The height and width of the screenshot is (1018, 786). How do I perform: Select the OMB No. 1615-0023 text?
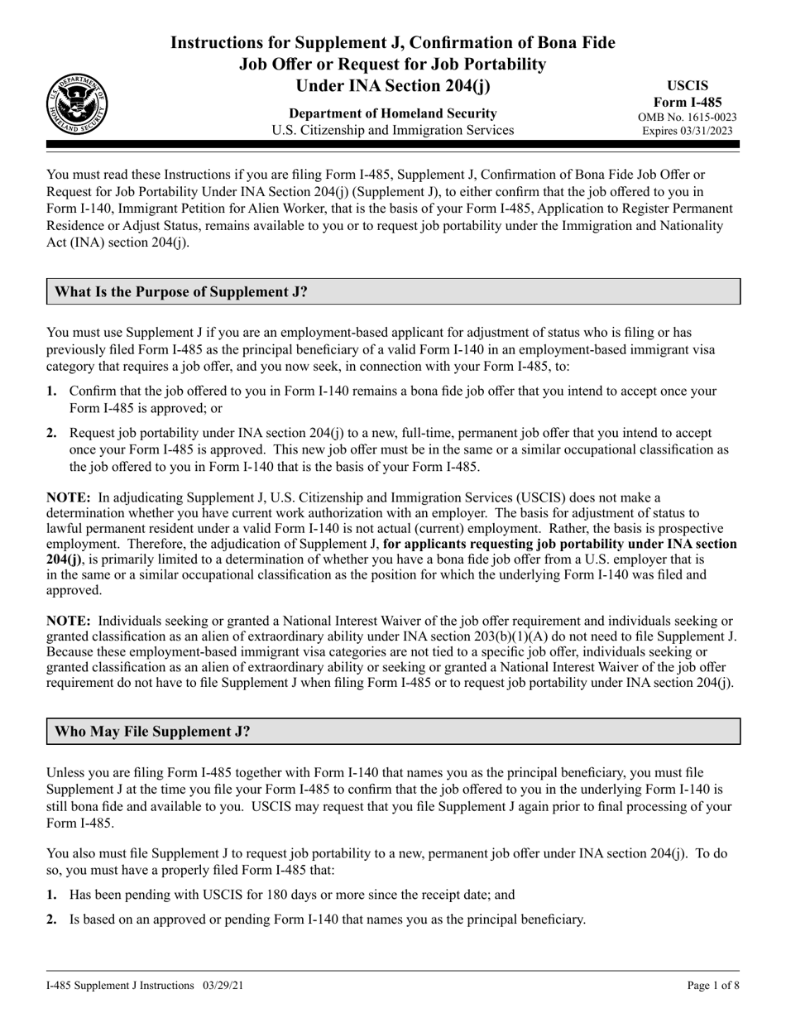[687, 118]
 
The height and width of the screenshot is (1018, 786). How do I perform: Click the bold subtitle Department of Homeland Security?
[393, 113]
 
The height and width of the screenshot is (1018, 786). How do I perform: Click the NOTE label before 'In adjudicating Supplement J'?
[68, 497]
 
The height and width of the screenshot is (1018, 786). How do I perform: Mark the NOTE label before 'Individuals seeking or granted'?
[68, 621]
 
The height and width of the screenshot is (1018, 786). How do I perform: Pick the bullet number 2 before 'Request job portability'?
[52, 433]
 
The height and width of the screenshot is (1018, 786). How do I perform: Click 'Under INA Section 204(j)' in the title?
[393, 84]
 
